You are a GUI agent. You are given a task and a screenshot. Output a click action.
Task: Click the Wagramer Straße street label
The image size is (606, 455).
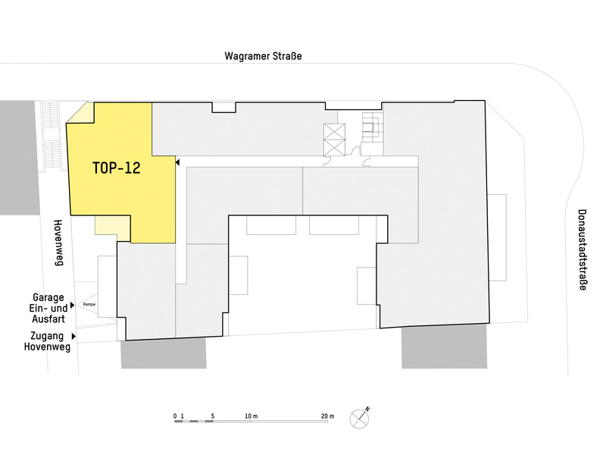[263, 56]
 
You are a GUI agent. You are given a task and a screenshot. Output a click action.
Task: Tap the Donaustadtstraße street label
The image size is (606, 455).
[582, 249]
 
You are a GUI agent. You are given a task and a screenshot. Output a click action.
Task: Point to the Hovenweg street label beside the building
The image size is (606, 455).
[58, 243]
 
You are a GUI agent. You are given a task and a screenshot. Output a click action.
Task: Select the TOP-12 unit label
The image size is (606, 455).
[117, 168]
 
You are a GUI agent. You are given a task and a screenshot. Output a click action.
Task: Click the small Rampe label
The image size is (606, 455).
[89, 305]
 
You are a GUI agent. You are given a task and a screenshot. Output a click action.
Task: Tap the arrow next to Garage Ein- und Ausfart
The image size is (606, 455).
[72, 306]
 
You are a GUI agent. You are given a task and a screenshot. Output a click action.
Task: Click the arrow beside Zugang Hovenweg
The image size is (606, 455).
[73, 336]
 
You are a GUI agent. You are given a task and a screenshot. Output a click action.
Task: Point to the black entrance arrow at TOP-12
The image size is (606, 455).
[177, 162]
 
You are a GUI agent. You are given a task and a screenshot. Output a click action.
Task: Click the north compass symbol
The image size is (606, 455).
[360, 418]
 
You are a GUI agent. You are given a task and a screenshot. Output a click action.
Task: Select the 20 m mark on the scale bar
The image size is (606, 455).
[327, 416]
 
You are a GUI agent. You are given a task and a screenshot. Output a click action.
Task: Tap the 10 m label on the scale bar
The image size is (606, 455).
[251, 416]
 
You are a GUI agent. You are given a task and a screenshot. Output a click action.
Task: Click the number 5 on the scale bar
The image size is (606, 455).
[213, 416]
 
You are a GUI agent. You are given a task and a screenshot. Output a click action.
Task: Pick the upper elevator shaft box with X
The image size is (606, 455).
[334, 132]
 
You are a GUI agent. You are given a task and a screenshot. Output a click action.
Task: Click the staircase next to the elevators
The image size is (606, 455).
[372, 127]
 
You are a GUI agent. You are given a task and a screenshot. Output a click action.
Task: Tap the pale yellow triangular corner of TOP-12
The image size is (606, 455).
[84, 115]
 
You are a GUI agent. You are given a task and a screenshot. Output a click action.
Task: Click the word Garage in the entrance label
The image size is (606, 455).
[48, 297]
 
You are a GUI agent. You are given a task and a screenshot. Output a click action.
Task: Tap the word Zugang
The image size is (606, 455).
[47, 336]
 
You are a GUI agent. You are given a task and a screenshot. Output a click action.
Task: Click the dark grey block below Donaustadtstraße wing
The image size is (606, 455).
[445, 347]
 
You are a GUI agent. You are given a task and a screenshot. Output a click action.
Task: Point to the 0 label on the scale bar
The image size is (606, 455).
[175, 416]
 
